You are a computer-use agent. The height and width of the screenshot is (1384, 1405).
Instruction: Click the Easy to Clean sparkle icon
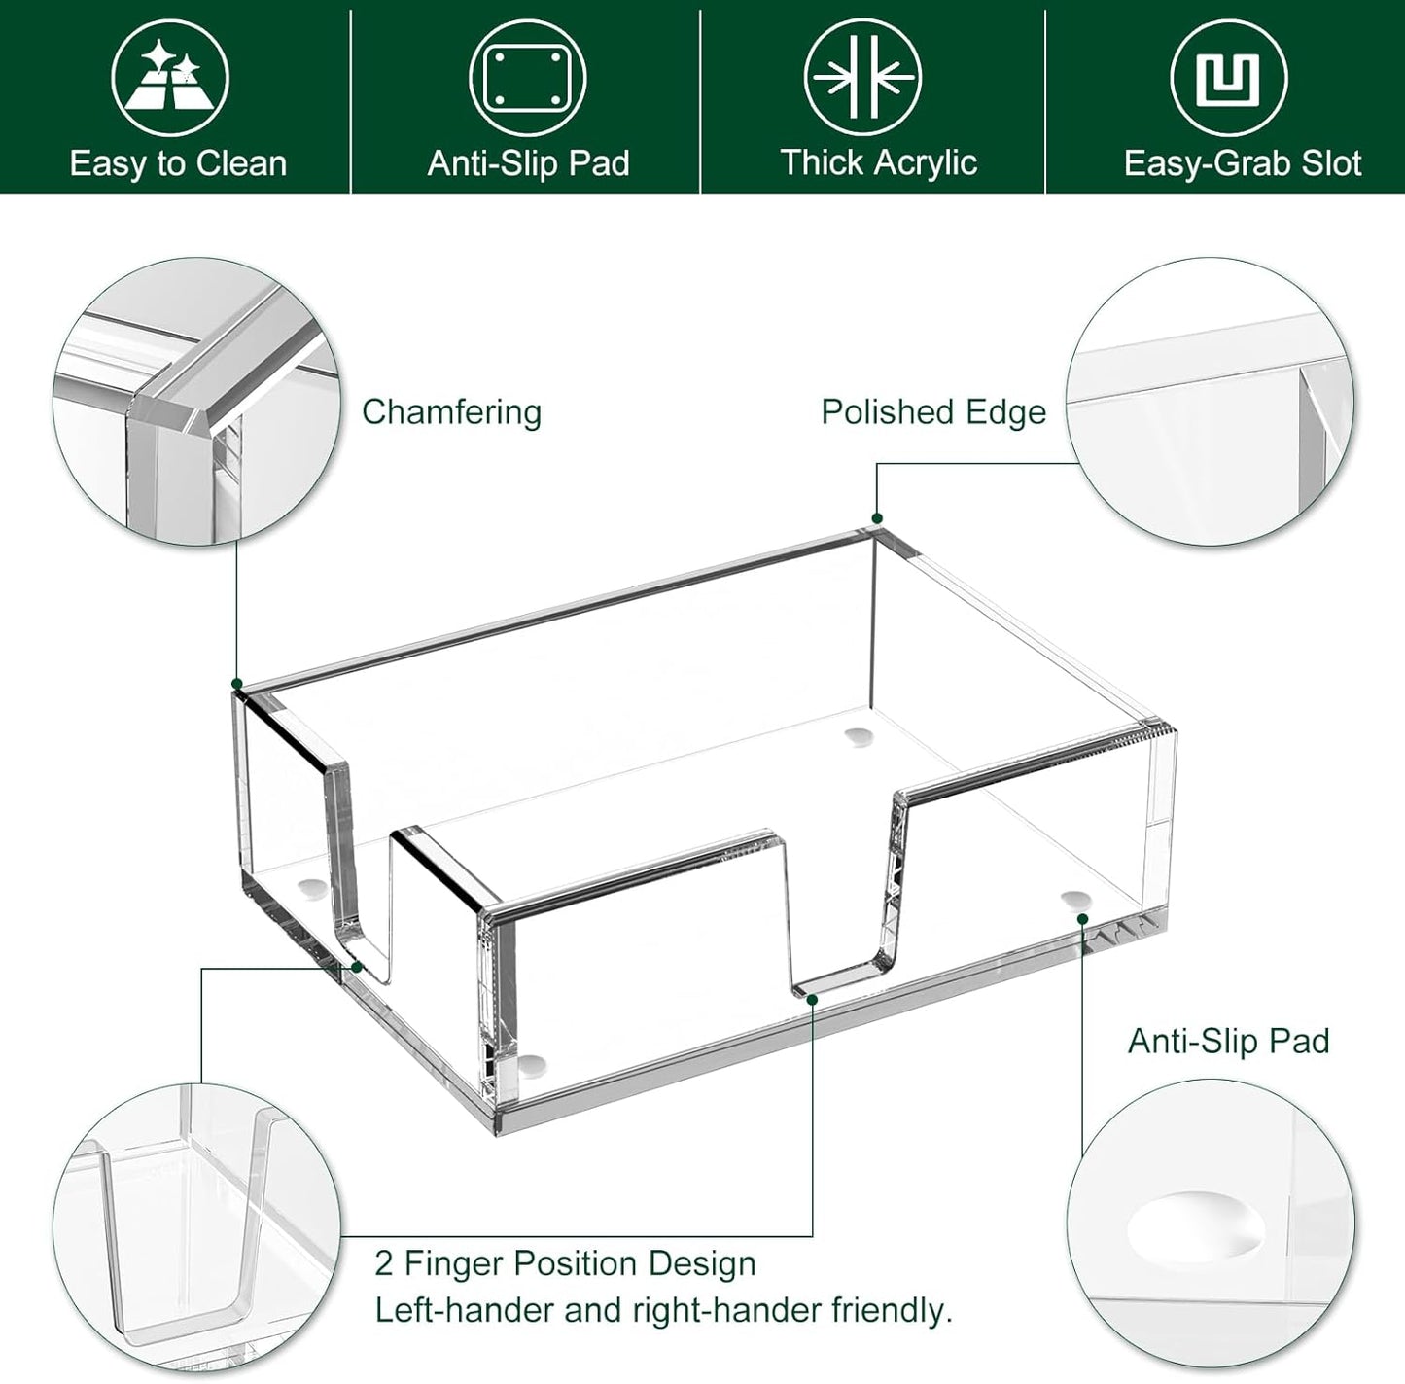(x=169, y=78)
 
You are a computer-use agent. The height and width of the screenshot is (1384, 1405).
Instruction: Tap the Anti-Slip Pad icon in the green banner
(x=528, y=78)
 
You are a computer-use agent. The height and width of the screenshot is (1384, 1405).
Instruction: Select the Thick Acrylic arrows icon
(x=862, y=78)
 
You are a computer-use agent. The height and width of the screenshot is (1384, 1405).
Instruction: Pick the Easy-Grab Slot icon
(x=1228, y=78)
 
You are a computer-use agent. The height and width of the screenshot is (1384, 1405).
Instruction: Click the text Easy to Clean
(x=178, y=163)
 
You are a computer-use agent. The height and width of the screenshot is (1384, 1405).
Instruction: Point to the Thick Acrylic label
(x=878, y=162)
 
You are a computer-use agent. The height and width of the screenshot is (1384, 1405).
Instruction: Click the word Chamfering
(x=451, y=411)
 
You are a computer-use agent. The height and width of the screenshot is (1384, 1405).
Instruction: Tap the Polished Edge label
(x=933, y=411)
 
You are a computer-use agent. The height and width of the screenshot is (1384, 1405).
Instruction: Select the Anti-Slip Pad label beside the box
(x=1228, y=1041)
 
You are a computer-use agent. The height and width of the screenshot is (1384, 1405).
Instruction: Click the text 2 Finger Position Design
(x=565, y=1263)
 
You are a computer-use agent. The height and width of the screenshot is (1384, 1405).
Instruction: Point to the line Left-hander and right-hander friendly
(x=663, y=1310)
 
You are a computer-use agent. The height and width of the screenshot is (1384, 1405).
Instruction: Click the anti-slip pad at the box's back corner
(x=857, y=736)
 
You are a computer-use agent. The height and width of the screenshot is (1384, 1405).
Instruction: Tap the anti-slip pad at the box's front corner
(x=531, y=1066)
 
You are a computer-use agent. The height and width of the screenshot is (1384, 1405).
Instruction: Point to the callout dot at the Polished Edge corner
(x=877, y=518)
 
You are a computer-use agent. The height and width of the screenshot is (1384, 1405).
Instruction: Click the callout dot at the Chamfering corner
(x=237, y=685)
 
